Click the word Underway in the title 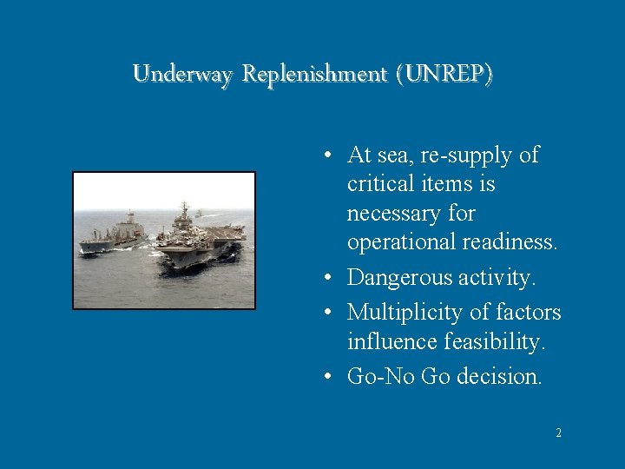pos(183,75)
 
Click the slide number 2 pos(558,432)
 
